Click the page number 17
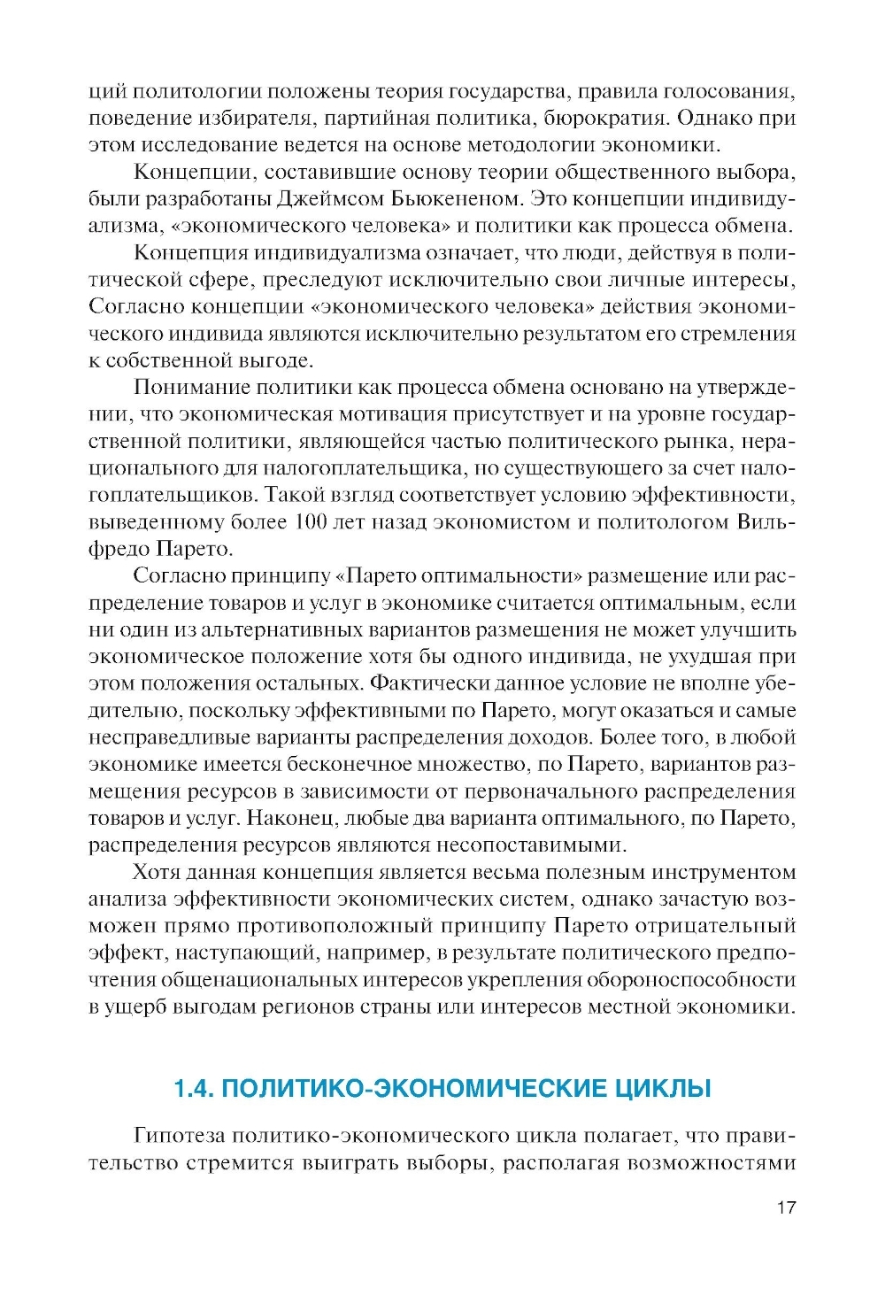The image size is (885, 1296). coord(786,1207)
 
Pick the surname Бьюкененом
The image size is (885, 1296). coord(442,198)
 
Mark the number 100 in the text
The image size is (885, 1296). coord(311,521)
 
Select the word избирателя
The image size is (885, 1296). coord(250,118)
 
